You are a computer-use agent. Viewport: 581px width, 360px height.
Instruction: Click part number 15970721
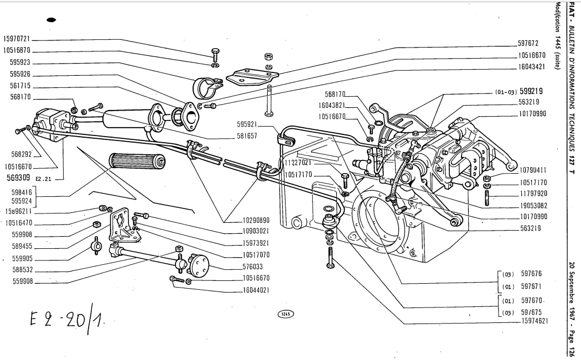pyautogui.click(x=18, y=40)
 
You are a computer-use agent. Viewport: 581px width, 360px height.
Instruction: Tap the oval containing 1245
pyautogui.click(x=286, y=314)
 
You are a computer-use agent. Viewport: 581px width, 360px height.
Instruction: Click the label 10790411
pyautogui.click(x=532, y=170)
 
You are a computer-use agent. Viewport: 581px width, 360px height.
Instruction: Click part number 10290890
pyautogui.click(x=247, y=220)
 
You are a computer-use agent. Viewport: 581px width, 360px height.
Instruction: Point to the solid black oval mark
pyautogui.click(x=53, y=19)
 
